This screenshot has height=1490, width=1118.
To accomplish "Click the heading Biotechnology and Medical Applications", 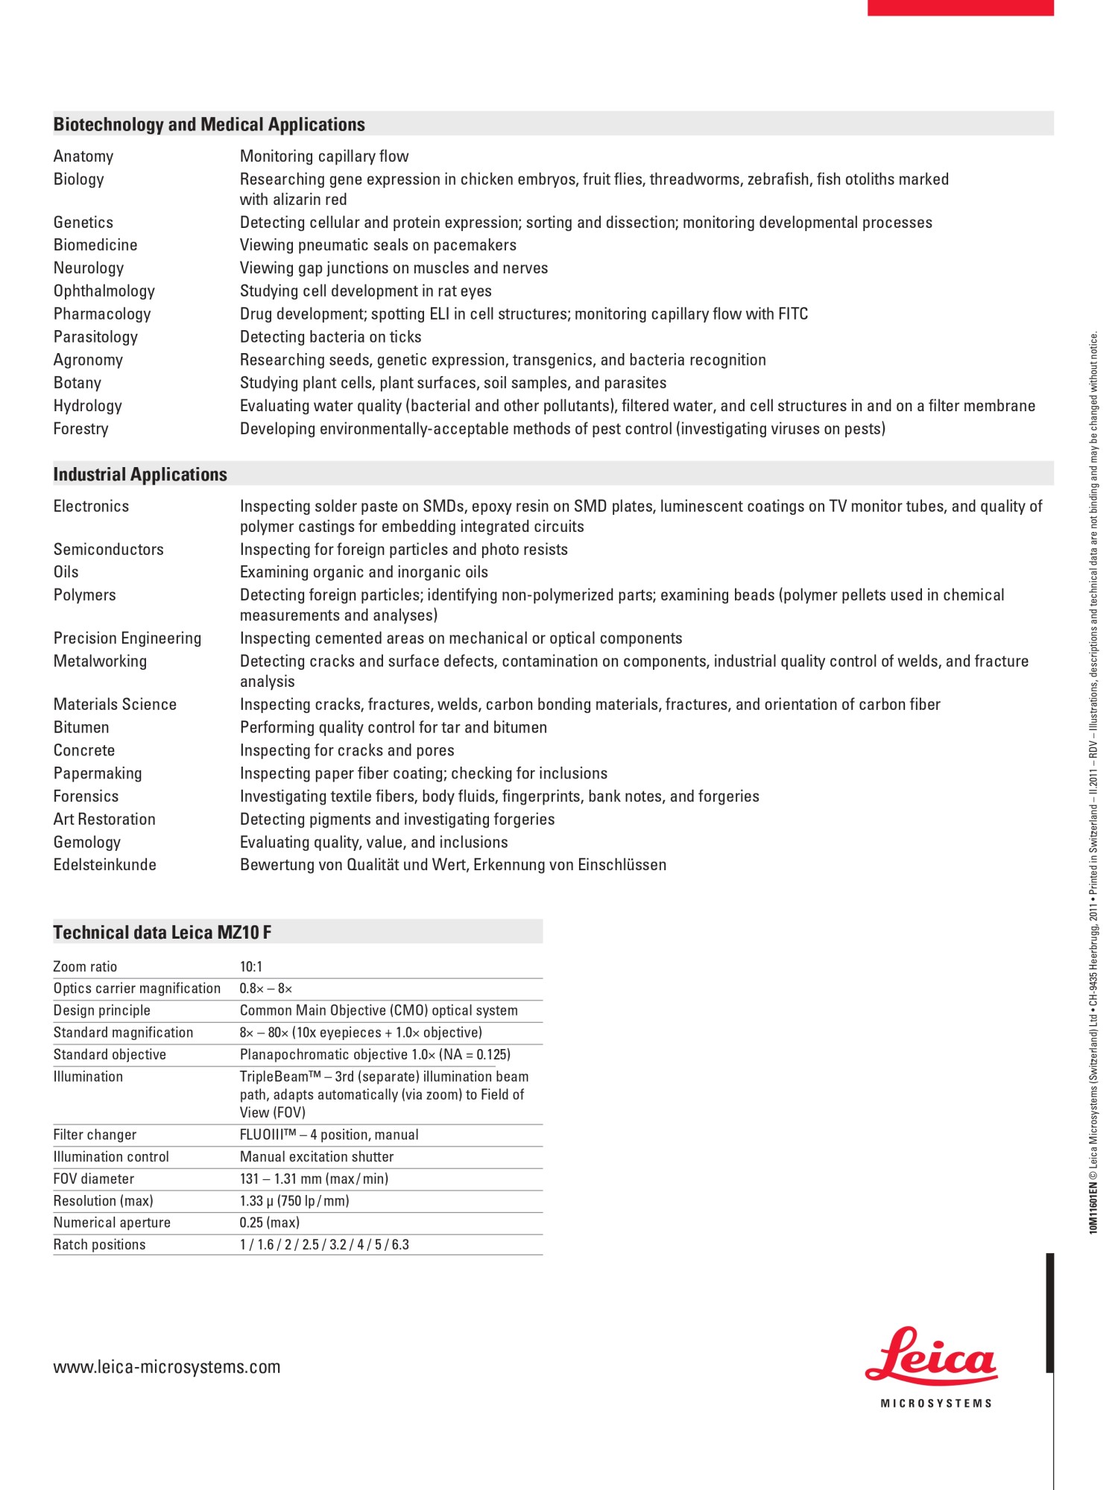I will [x=209, y=124].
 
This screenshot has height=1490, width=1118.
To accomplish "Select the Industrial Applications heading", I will [x=140, y=475].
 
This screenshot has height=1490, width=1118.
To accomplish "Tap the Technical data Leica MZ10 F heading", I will [x=162, y=932].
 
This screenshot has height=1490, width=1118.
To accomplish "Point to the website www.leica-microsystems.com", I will [x=167, y=1367].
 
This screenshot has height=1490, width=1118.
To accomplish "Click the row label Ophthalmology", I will [x=104, y=291].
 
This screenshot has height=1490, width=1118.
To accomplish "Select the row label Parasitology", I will [x=95, y=337].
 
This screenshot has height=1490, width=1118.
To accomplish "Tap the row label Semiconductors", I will [x=108, y=550].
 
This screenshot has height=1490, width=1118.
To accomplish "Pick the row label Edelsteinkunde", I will [x=105, y=865].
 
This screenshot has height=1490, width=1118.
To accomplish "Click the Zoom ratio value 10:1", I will [x=251, y=967].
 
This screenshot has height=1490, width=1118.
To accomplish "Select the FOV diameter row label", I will [x=94, y=1179].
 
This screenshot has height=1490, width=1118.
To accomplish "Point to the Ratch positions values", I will [x=324, y=1245].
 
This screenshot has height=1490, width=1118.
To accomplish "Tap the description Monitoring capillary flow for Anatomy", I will [x=324, y=156].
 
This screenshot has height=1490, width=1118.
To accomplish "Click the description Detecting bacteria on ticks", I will [x=330, y=337].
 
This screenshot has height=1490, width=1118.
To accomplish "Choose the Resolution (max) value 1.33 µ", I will [x=294, y=1201].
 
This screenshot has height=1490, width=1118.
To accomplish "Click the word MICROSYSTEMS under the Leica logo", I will [x=936, y=1404].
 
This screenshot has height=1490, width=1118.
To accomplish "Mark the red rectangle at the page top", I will [x=960, y=7].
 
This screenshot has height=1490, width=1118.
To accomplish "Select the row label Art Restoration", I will [x=104, y=819].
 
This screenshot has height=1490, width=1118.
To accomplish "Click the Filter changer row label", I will [x=95, y=1135].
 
